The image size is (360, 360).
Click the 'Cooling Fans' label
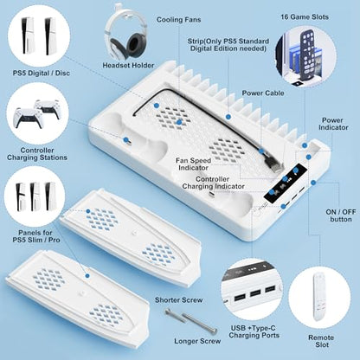(178, 20)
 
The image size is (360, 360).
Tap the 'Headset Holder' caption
(128, 66)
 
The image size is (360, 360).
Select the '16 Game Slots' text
(305, 17)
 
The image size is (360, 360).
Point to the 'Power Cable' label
(263, 93)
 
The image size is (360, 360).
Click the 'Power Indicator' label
(333, 124)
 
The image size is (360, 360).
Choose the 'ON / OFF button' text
(341, 215)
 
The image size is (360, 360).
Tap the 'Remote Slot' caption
(321, 341)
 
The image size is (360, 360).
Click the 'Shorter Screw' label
(179, 300)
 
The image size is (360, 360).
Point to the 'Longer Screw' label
(197, 341)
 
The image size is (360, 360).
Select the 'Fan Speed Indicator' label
(193, 164)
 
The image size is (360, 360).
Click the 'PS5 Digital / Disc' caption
(42, 73)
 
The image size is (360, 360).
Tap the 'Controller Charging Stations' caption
(37, 154)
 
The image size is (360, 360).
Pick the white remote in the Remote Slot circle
(319, 297)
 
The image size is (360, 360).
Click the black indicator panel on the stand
(285, 183)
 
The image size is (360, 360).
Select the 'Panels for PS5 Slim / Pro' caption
(36, 236)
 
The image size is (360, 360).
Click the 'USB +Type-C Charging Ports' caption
(254, 331)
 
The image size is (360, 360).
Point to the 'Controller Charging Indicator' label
(213, 183)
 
